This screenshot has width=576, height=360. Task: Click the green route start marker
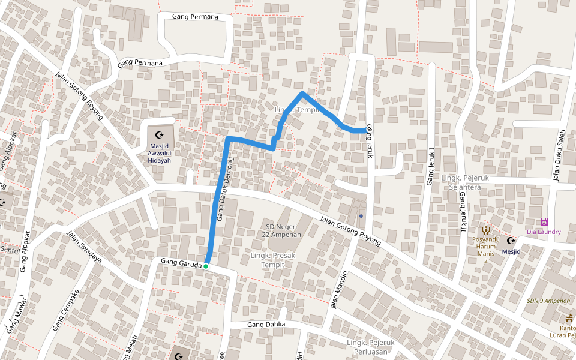(206, 266)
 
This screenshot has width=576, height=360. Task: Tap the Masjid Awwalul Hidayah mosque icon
(159, 135)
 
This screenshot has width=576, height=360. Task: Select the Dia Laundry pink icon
(544, 222)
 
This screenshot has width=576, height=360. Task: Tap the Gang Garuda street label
(180, 262)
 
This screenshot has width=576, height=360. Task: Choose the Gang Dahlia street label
(266, 325)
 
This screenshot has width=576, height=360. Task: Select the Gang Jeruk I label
(430, 167)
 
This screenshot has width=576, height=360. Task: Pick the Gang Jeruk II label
(462, 212)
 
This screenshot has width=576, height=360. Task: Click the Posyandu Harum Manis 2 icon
(486, 230)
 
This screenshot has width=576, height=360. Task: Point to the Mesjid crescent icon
(511, 241)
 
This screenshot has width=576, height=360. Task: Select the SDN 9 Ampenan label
(548, 300)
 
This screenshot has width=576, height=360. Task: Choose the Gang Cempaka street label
(66, 311)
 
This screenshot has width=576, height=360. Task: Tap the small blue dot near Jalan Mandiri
(361, 216)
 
